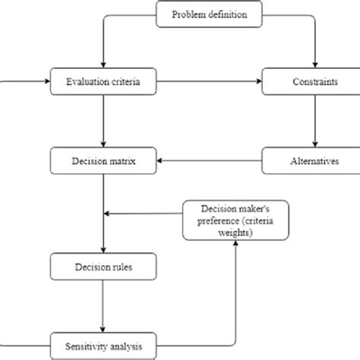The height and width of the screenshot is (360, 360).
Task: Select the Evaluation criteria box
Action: (x=103, y=81)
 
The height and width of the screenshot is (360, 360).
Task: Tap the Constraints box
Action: (x=313, y=81)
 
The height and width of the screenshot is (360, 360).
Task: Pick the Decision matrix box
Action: (x=103, y=160)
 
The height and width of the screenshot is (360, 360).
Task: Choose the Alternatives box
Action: (x=313, y=160)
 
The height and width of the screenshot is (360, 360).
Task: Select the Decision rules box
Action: (x=103, y=267)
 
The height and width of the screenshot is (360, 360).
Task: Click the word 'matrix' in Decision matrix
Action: (x=122, y=160)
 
